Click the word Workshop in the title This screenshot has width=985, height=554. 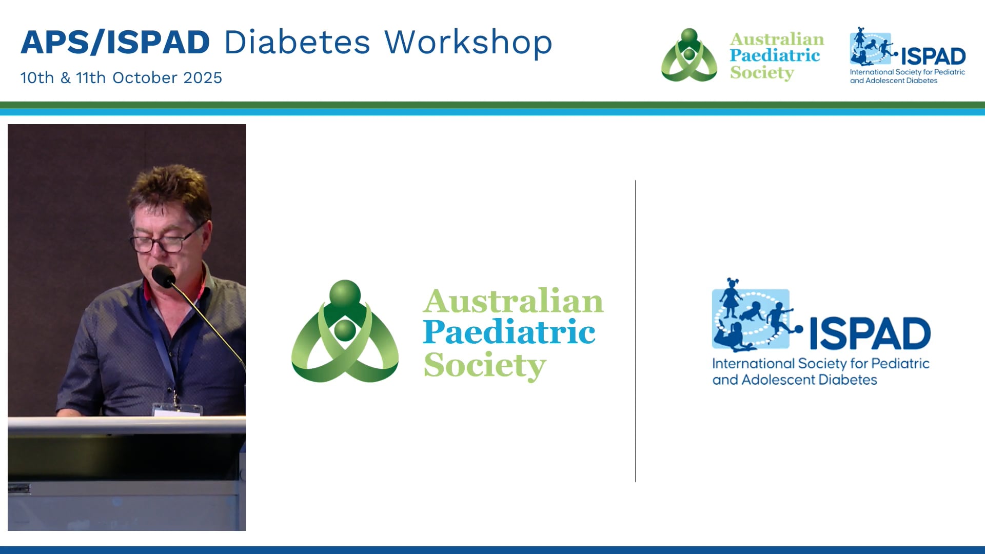[468, 42]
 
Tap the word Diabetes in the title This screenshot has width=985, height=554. [297, 42]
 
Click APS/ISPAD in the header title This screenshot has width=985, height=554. [115, 42]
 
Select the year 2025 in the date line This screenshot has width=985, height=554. [203, 77]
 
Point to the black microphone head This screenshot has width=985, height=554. [163, 276]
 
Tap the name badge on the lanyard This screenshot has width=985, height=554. [177, 410]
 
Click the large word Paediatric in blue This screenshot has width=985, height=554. [509, 332]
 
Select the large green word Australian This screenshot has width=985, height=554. [513, 301]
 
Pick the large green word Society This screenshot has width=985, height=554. [485, 365]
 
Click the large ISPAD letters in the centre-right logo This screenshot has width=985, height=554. [870, 333]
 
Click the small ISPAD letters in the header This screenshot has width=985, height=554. [933, 56]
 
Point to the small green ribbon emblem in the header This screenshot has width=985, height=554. [689, 55]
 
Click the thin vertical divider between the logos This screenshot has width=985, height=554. [635, 331]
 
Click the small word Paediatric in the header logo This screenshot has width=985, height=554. [775, 55]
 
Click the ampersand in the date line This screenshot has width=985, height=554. [65, 78]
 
